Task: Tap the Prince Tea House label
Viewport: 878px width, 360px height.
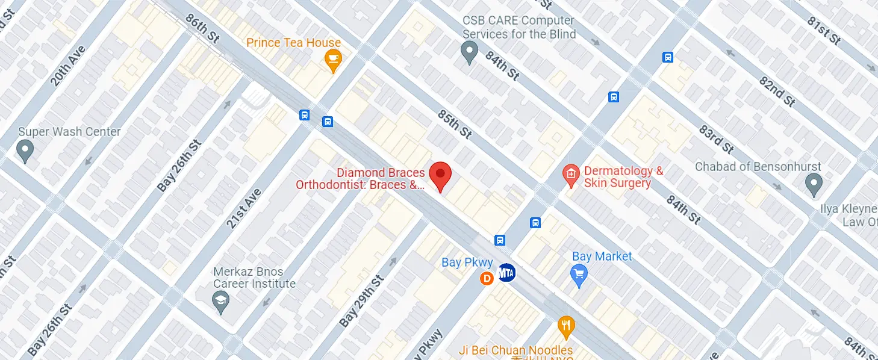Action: pyautogui.click(x=294, y=43)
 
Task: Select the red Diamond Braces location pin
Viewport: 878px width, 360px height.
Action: pyautogui.click(x=440, y=175)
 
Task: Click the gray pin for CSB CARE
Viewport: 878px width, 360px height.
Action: pyautogui.click(x=469, y=52)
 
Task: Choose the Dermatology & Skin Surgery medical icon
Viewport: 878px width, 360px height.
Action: pyautogui.click(x=570, y=175)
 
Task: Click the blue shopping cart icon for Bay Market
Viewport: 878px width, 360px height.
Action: pyautogui.click(x=579, y=276)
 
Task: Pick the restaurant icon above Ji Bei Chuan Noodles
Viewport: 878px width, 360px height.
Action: pyautogui.click(x=565, y=327)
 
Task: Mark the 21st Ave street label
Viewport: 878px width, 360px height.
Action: pyautogui.click(x=244, y=208)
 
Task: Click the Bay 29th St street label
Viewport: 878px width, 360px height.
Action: pyautogui.click(x=361, y=301)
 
